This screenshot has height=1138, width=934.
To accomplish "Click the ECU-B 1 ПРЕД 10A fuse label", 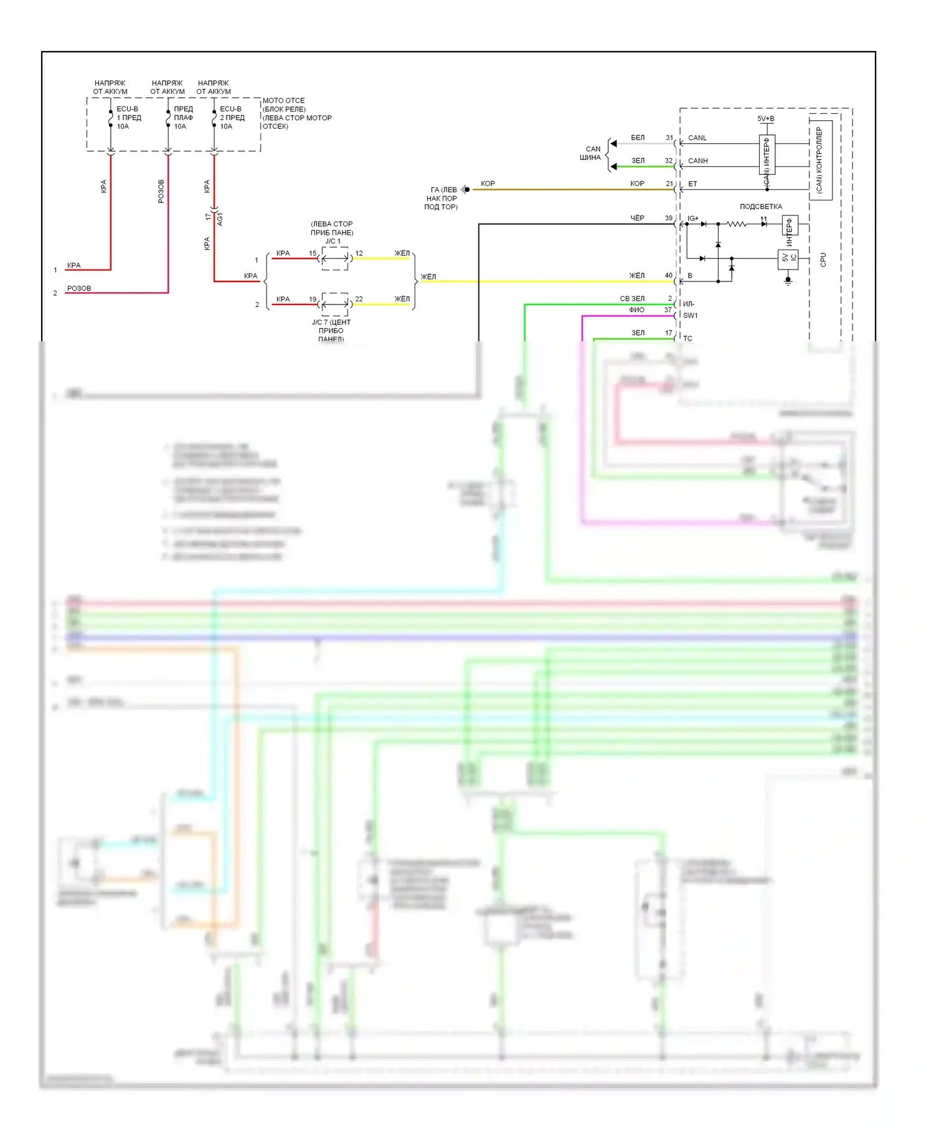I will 128,118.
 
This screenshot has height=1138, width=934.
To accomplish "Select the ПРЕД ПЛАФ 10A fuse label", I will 183,118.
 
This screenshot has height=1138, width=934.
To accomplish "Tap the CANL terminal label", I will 697,138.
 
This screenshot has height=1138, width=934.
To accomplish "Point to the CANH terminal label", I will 697,161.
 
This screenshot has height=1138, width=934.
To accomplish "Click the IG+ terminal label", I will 692,219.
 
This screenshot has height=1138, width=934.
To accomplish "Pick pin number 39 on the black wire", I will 668,219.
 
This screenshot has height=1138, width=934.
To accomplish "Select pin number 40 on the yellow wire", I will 668,276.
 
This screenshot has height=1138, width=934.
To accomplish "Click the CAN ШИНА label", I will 591,153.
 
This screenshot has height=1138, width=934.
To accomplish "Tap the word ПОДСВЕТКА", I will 760,207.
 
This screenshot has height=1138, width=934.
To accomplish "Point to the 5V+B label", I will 765,119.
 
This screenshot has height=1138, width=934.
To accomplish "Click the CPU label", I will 823,260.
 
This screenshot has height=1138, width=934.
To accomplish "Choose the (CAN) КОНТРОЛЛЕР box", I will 820,160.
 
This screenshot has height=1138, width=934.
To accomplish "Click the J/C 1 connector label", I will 333,242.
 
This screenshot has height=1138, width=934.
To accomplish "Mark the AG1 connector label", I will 220,219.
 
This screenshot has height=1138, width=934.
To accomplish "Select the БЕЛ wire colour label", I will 638,138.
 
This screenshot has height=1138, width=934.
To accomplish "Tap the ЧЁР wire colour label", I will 637,219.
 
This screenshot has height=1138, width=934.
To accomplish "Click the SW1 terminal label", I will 690,316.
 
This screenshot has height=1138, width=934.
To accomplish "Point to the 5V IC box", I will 788,259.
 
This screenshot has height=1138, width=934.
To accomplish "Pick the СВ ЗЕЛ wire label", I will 632,299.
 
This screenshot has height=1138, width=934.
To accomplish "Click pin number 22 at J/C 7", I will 359,299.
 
